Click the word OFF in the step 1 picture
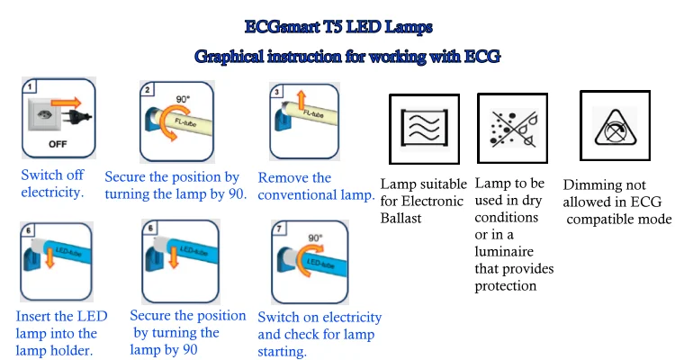58,144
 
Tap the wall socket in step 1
42,114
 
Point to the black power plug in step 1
76,115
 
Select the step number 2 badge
148,90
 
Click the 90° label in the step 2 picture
183,99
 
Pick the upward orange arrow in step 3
301,100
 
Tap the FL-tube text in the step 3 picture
313,113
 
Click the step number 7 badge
279,229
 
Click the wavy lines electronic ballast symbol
425,129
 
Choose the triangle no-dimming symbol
616,127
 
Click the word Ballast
400,218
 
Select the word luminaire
504,251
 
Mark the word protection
506,286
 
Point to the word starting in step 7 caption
282,352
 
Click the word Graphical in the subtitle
229,57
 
